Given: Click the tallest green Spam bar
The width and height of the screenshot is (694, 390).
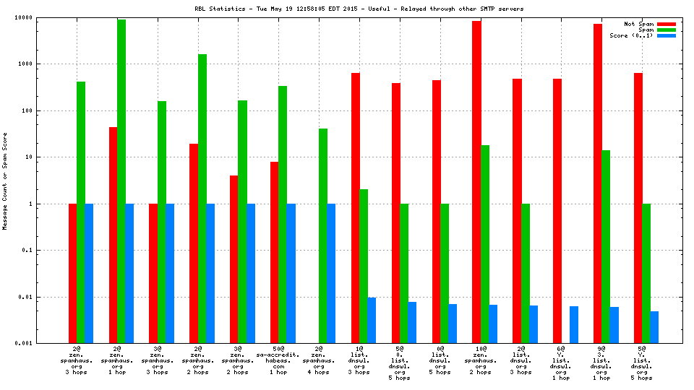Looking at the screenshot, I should [121, 181].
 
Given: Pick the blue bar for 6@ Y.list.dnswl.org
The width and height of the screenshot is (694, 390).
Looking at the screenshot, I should [574, 324].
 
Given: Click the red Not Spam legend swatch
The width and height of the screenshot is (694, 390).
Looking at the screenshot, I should [666, 24].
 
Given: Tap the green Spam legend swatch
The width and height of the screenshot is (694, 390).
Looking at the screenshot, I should [666, 30].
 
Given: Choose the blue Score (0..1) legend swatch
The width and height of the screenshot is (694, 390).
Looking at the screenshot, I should [666, 35].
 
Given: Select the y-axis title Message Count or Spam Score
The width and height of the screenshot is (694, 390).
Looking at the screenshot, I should [5, 181].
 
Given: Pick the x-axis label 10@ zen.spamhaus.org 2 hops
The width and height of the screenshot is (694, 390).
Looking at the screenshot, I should [481, 360].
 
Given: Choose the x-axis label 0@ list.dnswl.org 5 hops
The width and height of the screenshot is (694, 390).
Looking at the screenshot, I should [440, 360].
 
